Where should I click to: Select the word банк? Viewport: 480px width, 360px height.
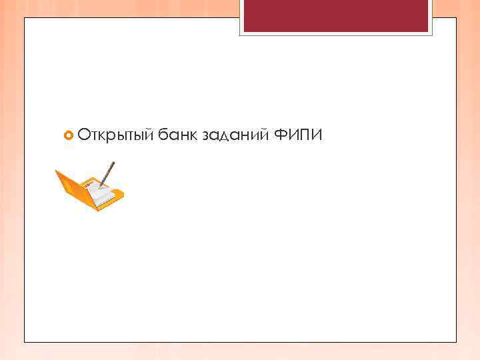[178, 136]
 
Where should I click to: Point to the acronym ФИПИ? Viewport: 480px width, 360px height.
[299, 136]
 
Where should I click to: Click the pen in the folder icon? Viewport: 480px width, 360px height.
[107, 174]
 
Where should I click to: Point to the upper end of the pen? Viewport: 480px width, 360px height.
[113, 163]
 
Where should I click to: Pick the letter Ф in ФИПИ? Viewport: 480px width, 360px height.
[281, 136]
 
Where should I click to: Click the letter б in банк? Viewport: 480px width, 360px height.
[163, 136]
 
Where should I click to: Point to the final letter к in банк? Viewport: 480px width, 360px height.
[193, 136]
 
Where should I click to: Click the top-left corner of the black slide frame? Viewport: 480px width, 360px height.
[25, 18]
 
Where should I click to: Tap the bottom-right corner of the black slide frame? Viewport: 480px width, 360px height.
[457, 342]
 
